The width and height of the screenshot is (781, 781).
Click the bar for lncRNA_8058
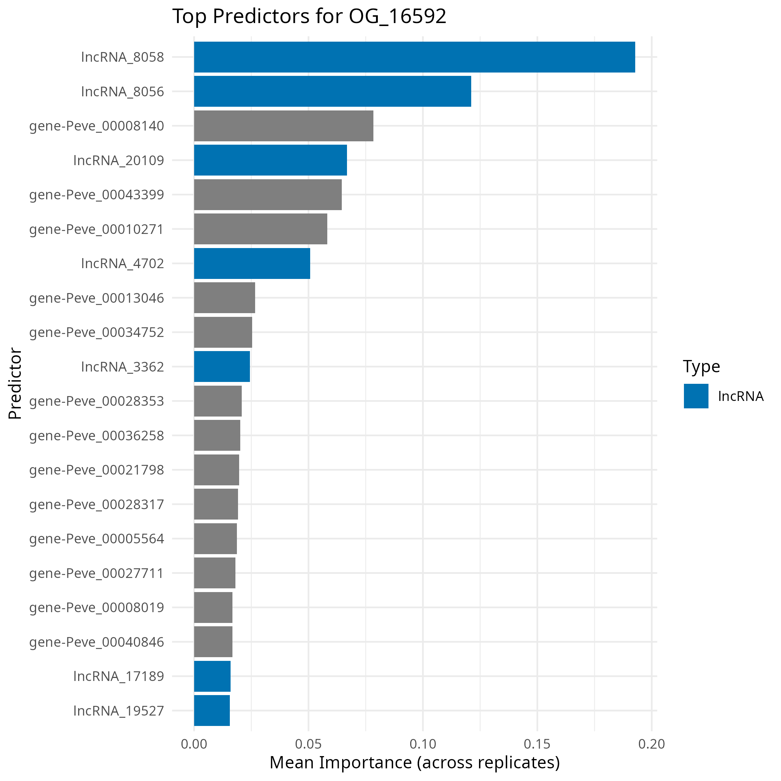414,57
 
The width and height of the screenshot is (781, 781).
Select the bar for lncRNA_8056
332,91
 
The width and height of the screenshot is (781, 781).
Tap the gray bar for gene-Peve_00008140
283,126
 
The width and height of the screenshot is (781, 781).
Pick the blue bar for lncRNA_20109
270,160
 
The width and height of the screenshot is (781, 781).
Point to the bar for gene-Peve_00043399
268,195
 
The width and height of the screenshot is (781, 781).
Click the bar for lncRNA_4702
252,263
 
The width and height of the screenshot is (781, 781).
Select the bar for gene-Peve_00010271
260,229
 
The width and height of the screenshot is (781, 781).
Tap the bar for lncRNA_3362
222,366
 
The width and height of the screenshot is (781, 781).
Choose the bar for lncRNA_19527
212,710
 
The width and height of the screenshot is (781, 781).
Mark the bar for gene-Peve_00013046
224,298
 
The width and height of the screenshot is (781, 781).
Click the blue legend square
696,396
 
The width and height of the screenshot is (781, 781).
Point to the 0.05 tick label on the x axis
308,744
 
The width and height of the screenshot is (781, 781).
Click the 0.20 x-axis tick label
651,744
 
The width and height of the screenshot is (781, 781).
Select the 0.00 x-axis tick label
194,744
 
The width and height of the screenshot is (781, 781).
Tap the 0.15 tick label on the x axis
537,744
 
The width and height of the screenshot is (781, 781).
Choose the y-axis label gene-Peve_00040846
97,642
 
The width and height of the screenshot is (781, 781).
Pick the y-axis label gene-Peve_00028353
97,401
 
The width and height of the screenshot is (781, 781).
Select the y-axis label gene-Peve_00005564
97,539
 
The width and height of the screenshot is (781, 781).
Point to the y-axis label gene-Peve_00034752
97,332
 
